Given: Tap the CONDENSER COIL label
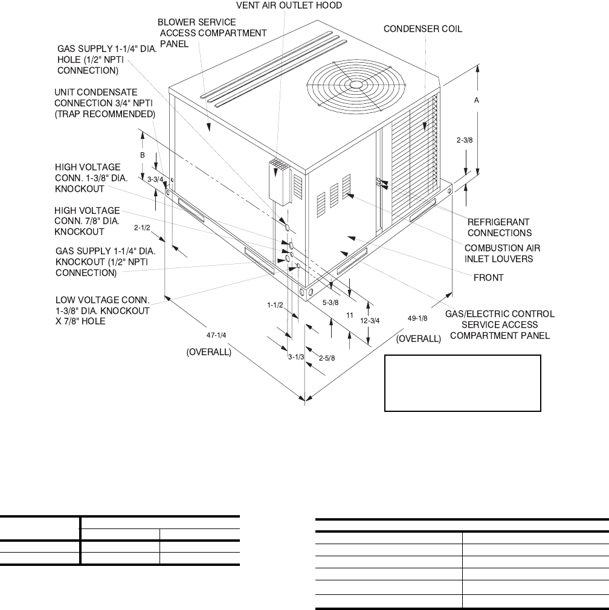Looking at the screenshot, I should point(423,29).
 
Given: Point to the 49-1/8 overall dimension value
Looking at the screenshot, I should point(417,318).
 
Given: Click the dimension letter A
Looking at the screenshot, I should point(476,102).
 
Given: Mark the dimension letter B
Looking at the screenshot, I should point(143,155).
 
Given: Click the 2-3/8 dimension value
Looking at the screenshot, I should point(466,140).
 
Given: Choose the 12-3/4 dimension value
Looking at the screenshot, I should point(370,321).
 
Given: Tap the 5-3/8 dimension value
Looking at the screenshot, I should point(330,303).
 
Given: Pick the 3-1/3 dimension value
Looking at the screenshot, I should point(295,357).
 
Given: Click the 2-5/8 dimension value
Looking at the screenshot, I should point(326,358).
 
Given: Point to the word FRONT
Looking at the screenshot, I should point(489,278).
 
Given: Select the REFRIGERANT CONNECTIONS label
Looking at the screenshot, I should point(499,227).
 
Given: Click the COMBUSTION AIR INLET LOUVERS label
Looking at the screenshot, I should point(502,253).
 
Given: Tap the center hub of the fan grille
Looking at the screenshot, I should point(354,85).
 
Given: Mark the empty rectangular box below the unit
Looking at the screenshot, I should point(463,383).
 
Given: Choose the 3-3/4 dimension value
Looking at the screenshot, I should point(156,179).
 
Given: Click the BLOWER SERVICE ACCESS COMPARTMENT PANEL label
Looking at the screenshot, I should point(211,33).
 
